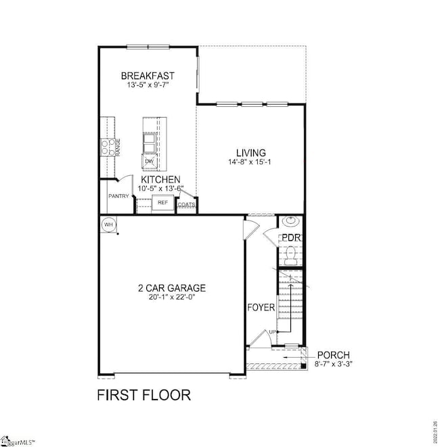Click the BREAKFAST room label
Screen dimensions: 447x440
click(x=148, y=75)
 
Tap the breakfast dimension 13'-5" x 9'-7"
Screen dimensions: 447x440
click(x=148, y=85)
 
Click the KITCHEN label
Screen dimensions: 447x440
click(x=160, y=179)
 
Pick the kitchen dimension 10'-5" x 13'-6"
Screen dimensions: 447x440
click(x=160, y=189)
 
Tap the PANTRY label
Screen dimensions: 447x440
click(x=118, y=197)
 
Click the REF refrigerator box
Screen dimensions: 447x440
click(x=162, y=202)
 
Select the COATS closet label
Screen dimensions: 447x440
click(x=187, y=204)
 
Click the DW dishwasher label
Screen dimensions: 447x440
click(x=148, y=161)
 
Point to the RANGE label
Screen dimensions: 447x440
click(x=117, y=147)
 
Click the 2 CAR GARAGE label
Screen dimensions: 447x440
click(x=171, y=287)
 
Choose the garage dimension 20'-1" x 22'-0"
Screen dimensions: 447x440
click(x=171, y=297)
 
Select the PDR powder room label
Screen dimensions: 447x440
click(x=292, y=237)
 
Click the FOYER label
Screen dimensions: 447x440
click(x=261, y=308)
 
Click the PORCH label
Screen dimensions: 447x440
click(x=334, y=355)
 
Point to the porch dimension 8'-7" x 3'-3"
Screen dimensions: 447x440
click(x=334, y=364)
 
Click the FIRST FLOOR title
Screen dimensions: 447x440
click(x=144, y=394)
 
